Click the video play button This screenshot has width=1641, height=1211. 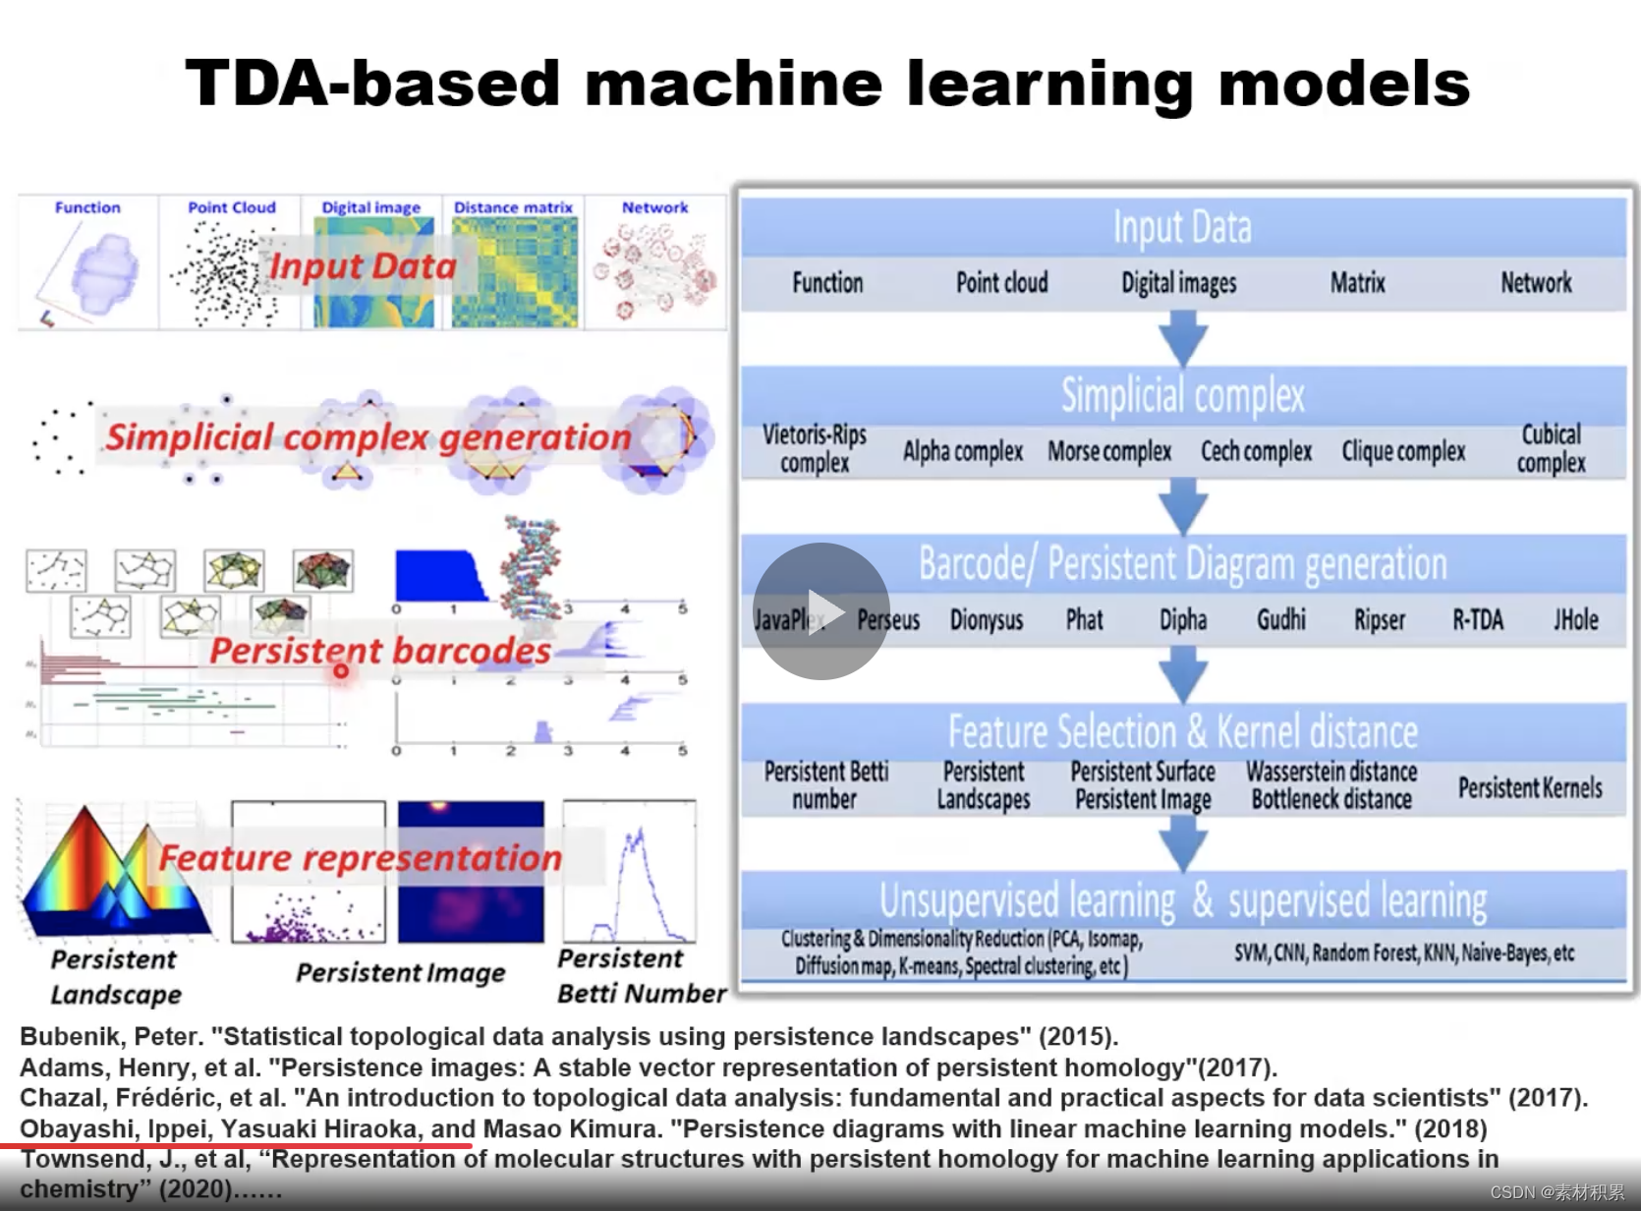pos(821,611)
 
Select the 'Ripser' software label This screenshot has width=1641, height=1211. pos(1380,620)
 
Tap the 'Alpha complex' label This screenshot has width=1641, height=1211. pos(963,451)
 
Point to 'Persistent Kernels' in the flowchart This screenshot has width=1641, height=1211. pos(1530,787)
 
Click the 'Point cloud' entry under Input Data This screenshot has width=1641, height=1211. pos(1002,283)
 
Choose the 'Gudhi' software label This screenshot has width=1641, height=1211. pos(1281,620)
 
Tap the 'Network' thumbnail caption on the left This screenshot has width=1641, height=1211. pos(654,207)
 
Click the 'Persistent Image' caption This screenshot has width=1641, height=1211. pos(401,973)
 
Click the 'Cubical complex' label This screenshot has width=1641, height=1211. pos(1551,448)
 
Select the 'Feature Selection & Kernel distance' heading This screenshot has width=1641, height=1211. pos(1183,732)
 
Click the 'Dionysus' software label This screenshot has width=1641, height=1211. pos(987,620)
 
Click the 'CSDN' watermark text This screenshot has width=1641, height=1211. pos(1512,1192)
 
